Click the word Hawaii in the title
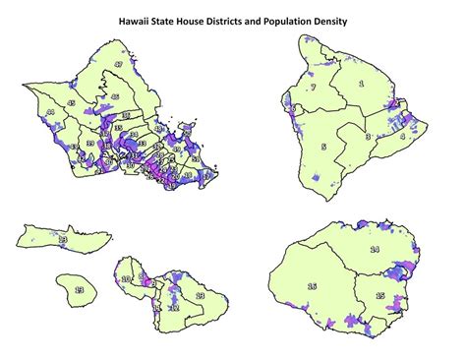(135, 19)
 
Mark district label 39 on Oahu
(89, 144)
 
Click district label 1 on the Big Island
(361, 85)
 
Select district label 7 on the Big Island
(313, 88)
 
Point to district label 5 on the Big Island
(323, 147)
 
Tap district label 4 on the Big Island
(401, 137)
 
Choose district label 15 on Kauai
(379, 296)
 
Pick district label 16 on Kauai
(312, 286)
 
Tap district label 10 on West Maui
(125, 279)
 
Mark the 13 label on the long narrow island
(62, 238)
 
